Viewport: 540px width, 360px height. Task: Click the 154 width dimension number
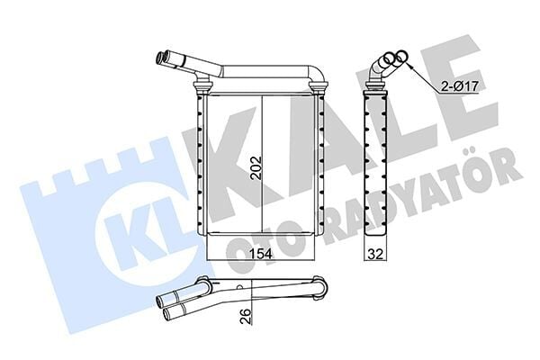tap(260, 253)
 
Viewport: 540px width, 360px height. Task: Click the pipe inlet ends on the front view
tap(166, 60)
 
